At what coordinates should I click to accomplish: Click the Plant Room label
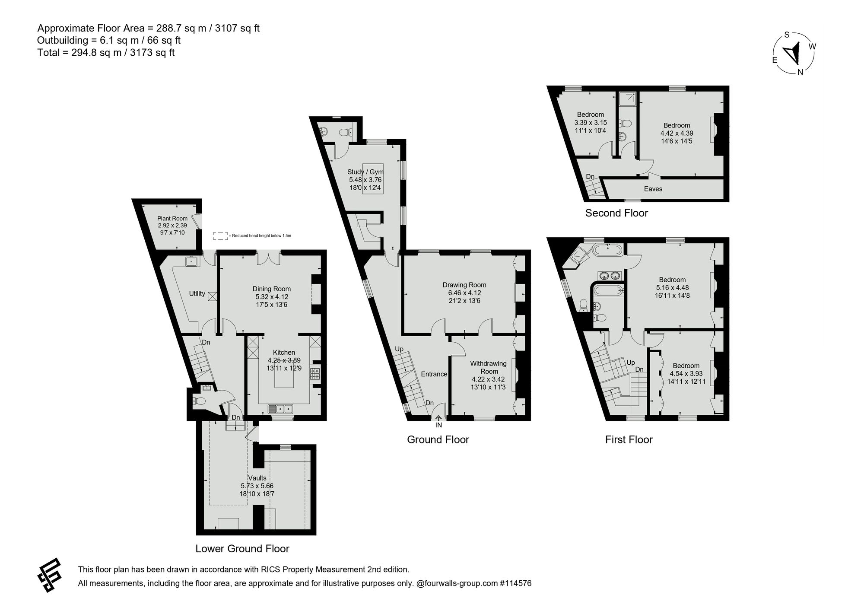[172, 219]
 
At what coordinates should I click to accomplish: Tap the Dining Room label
[272, 289]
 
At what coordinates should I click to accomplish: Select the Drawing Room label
[464, 285]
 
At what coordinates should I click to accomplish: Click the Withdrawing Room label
[489, 367]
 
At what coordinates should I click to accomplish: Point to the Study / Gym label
[365, 172]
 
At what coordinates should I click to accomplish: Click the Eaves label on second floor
[653, 189]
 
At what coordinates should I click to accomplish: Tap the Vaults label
[257, 478]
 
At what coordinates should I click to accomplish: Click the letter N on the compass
[800, 72]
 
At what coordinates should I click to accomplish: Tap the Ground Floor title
[438, 440]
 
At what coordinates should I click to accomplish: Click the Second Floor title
[616, 213]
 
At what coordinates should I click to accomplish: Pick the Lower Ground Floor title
[242, 549]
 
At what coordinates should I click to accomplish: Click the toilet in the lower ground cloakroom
[199, 401]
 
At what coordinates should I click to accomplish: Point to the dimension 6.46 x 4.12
[464, 293]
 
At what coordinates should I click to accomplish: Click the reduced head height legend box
[220, 236]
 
